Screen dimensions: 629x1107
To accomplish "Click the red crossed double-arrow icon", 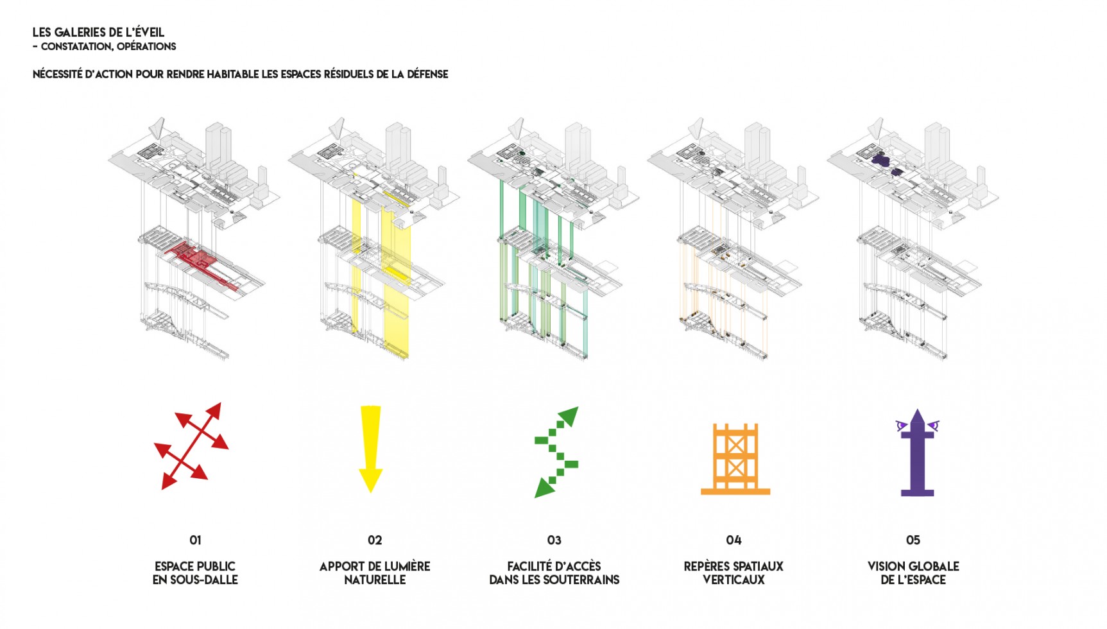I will (x=191, y=446).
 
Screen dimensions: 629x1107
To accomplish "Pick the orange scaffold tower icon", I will (x=735, y=459).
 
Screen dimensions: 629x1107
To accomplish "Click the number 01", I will (x=195, y=540).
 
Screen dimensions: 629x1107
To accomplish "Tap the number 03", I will (x=554, y=540).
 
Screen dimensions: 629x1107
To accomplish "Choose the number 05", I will (x=913, y=540).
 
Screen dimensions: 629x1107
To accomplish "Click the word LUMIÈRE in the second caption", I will (x=404, y=566).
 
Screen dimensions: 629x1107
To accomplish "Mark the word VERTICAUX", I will (x=734, y=580).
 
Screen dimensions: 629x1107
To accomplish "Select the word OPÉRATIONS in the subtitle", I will (x=146, y=46).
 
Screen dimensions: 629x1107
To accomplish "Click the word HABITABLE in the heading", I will (x=233, y=74).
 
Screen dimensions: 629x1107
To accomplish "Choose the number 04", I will (x=734, y=540).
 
